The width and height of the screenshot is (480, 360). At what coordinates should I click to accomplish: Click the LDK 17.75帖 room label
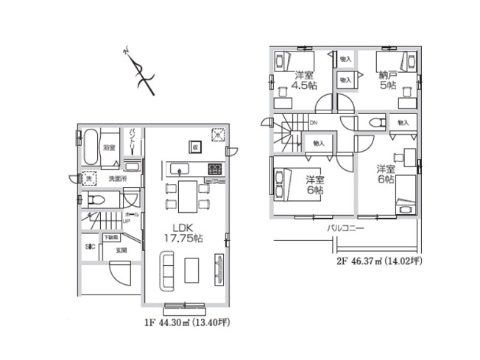183,232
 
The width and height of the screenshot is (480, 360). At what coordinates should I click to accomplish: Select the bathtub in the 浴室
90,149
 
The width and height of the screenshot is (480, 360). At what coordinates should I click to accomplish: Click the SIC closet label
90,246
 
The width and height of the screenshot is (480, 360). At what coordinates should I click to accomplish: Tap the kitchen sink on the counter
181,169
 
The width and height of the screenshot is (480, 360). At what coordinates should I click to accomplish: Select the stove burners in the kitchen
215,169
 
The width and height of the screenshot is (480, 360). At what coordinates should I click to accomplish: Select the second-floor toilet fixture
376,123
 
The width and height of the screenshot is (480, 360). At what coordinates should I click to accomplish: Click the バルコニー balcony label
347,228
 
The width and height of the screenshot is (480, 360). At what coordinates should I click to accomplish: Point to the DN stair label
313,124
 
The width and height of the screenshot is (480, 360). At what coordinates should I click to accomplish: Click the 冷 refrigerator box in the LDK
218,135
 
